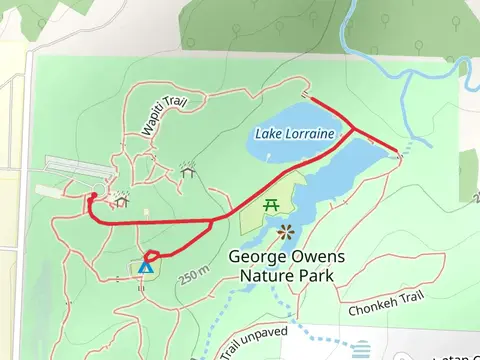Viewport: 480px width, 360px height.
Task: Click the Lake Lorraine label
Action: point(294,133)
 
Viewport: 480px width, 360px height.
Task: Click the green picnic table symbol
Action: point(270,206)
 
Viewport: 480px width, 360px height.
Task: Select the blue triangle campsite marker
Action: point(146,267)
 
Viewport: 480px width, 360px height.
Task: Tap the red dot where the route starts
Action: point(93,196)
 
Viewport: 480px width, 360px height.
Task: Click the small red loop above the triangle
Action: point(153,255)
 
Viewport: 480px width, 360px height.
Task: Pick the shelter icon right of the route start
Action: point(122,200)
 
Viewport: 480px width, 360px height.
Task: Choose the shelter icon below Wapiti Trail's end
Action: point(187,171)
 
